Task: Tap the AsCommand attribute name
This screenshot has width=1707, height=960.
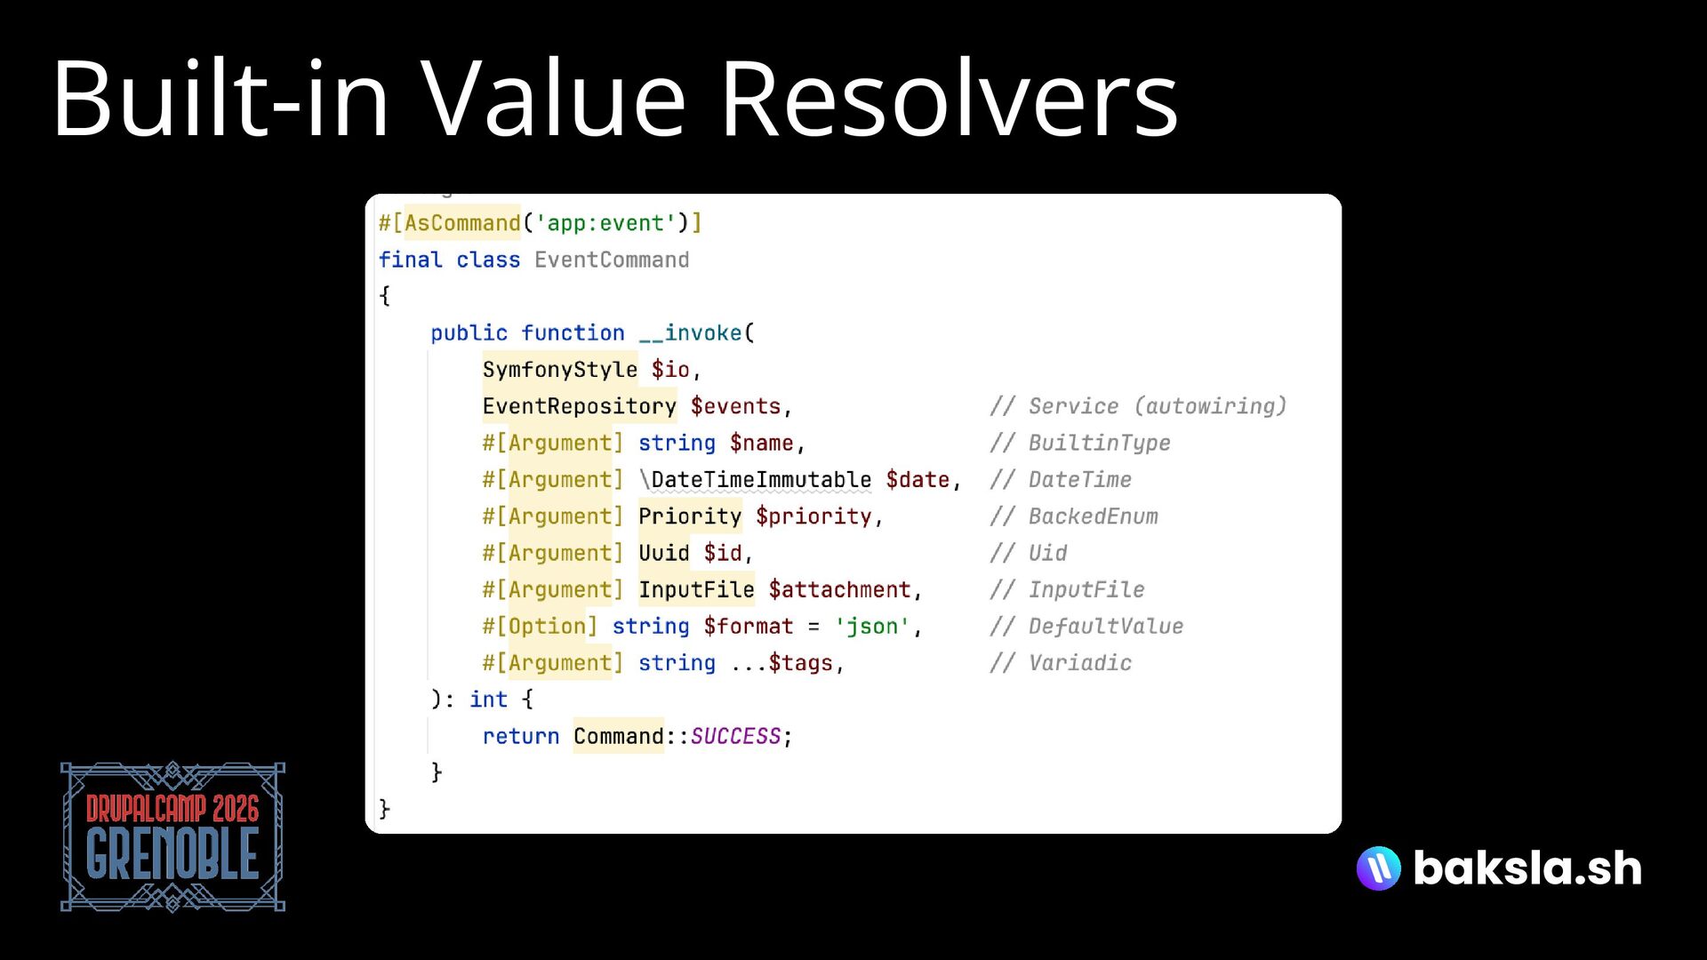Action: point(462,223)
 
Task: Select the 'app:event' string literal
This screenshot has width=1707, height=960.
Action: point(605,223)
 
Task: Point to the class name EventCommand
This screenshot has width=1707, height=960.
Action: point(612,260)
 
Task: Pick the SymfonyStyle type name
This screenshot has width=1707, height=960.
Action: point(560,370)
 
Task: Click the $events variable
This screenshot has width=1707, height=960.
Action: point(735,406)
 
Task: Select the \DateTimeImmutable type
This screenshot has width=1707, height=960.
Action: point(755,480)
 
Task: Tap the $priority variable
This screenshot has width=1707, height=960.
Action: point(813,516)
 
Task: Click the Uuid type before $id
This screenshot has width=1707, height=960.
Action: point(663,553)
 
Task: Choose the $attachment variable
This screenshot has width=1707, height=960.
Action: point(840,589)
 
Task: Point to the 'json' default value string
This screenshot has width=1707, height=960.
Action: point(871,627)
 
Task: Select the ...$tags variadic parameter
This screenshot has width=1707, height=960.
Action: point(782,663)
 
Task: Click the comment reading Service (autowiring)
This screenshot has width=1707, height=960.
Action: point(1139,406)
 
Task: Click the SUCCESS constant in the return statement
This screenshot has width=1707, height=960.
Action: point(735,736)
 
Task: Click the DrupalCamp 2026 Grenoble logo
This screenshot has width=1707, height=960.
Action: point(172,836)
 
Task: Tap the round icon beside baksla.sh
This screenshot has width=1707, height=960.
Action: point(1378,868)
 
